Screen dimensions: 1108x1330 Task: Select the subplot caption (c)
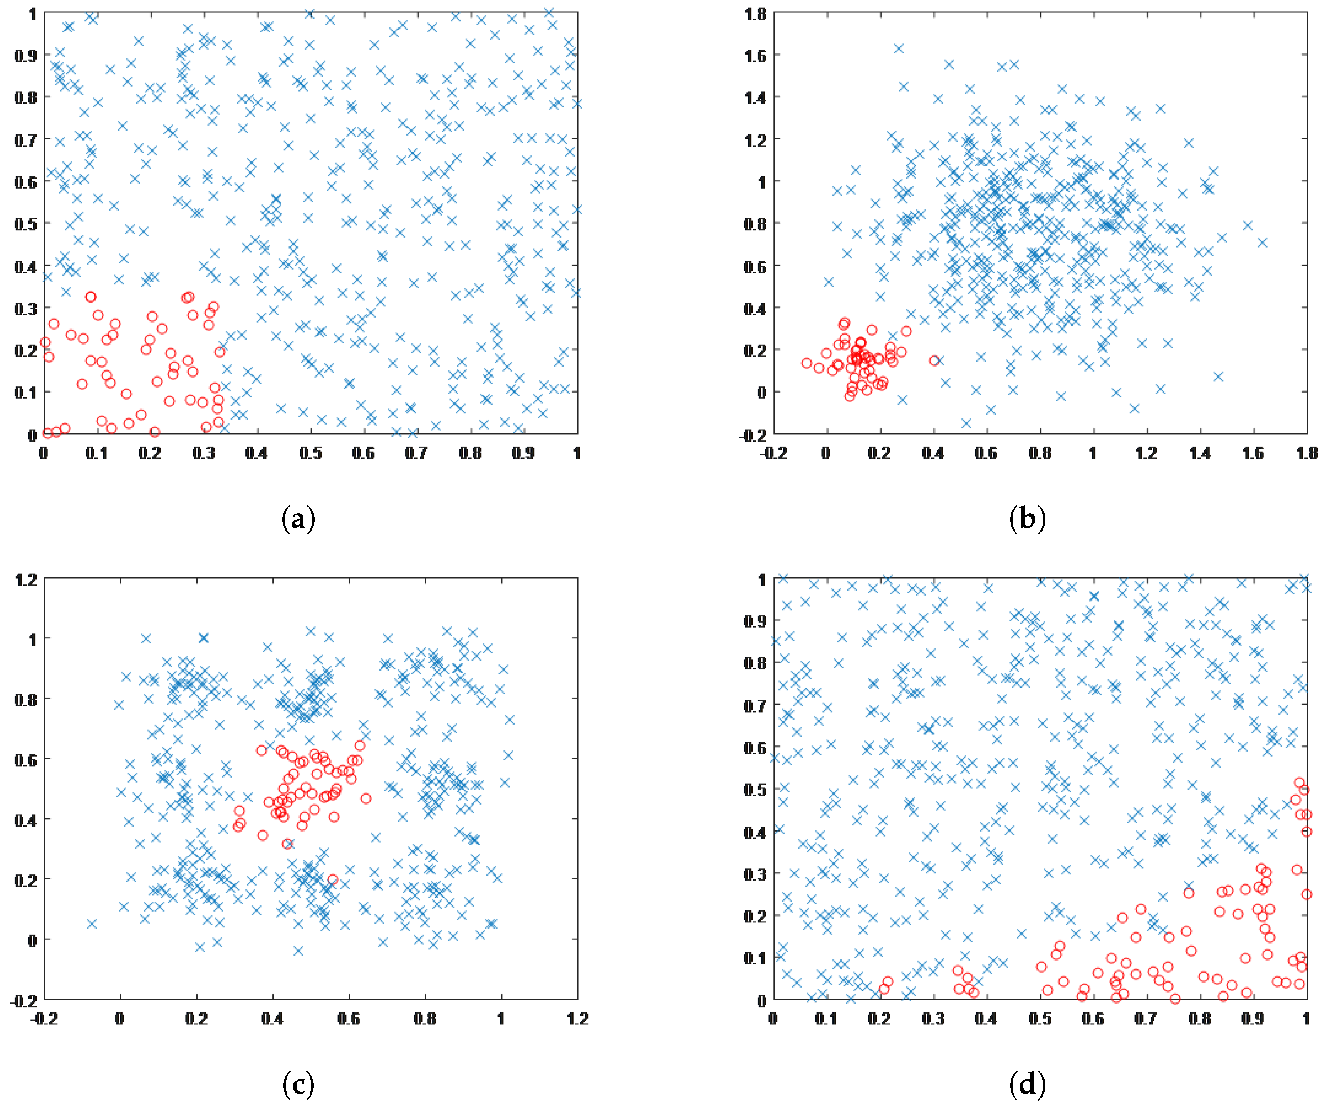[298, 1085]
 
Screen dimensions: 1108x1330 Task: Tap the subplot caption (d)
[1027, 1085]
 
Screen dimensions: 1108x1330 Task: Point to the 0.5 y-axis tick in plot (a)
[25, 224]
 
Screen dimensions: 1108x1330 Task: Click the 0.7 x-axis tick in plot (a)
[416, 453]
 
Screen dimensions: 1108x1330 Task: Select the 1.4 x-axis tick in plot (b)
[1199, 453]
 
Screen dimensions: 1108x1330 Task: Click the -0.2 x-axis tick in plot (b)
[773, 453]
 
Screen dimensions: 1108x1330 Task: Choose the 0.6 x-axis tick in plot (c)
[348, 1019]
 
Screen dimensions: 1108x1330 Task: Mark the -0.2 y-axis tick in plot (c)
[23, 1000]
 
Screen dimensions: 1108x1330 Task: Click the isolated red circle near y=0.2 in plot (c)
[332, 880]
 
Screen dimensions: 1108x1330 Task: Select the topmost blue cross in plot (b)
[898, 48]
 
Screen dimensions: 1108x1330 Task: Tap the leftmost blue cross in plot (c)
[92, 924]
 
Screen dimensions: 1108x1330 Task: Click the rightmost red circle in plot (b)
[934, 360]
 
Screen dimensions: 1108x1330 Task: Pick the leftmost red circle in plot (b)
[806, 363]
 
